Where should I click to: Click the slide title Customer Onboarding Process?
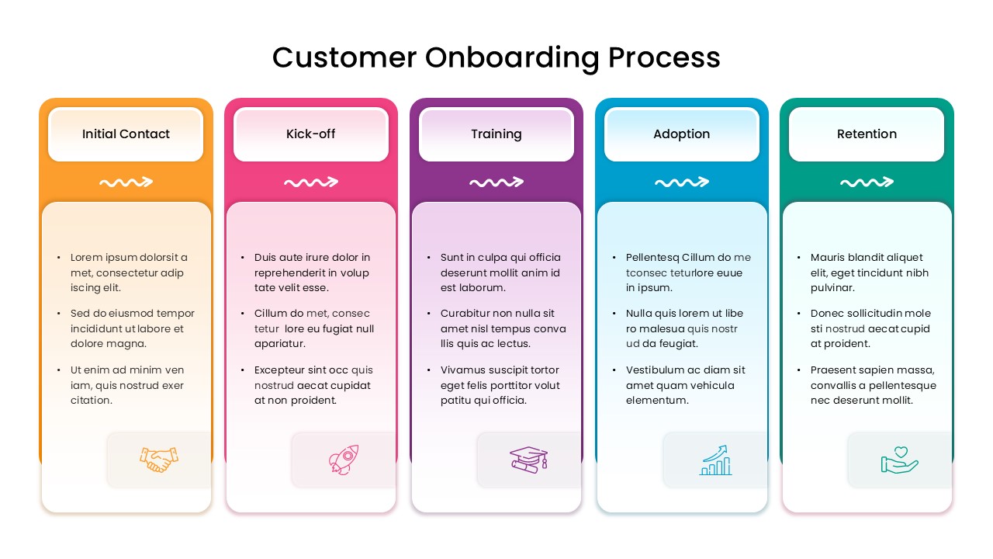point(496,57)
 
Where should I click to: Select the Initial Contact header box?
point(126,134)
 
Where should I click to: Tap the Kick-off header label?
point(310,134)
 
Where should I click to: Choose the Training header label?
point(496,134)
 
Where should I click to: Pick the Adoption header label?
point(681,134)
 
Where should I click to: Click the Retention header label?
point(867,134)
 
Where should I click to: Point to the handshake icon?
point(159,460)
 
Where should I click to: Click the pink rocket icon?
point(344,460)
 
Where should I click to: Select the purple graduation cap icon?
point(529,460)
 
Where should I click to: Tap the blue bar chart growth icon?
point(715,460)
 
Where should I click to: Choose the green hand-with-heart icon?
point(900,460)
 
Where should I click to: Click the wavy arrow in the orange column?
point(126,182)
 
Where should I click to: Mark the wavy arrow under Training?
point(496,182)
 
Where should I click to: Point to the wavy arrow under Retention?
point(867,182)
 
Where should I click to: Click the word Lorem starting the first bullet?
point(87,258)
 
